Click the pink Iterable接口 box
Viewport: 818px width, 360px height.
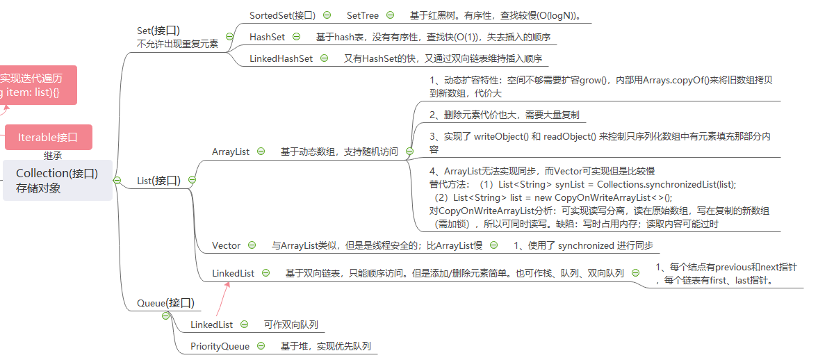(48, 137)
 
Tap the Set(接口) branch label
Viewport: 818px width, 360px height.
(158, 30)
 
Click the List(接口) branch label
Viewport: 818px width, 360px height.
(158, 181)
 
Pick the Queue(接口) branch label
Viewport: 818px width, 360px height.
(165, 302)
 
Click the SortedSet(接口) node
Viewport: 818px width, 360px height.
(282, 15)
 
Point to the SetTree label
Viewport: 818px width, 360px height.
(363, 15)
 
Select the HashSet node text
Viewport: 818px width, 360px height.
(267, 37)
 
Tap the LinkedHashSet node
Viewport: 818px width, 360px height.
(281, 58)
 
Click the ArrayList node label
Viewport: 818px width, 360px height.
(231, 151)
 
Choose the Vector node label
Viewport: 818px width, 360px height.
(226, 245)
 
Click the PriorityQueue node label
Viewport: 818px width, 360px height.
(220, 345)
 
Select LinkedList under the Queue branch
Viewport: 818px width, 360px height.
(211, 325)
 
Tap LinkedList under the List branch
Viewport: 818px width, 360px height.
(233, 274)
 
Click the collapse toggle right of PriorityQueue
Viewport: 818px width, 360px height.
(261, 345)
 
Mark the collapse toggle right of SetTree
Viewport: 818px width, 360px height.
(390, 15)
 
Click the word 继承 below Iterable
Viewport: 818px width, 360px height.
(53, 156)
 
